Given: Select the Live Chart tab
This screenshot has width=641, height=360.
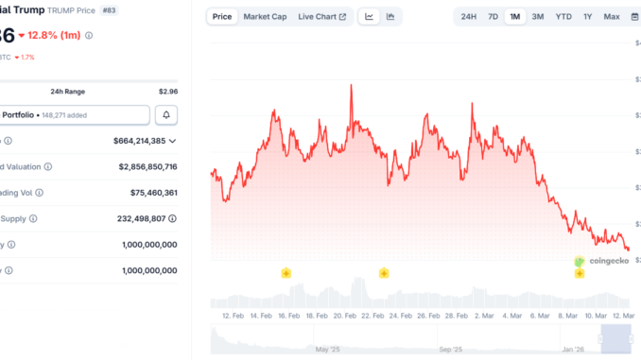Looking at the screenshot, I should pos(321,16).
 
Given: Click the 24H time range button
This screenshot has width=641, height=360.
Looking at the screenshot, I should pos(469,16).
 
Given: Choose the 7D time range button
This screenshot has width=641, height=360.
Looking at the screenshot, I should pos(493,16).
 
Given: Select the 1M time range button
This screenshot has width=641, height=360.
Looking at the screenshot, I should pos(515,16).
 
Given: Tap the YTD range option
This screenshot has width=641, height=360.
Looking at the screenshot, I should pos(563,16).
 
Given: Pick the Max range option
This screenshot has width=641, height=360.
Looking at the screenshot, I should pos(612,16).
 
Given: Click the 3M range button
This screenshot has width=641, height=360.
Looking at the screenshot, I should pos(538,16).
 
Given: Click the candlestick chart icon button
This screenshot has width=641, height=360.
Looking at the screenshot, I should pos(390,16).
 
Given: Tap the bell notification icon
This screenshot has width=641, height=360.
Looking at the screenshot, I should pos(167,114).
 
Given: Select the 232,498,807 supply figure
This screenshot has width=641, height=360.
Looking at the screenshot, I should pos(152,218).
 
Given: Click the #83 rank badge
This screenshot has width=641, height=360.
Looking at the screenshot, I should pos(135,10).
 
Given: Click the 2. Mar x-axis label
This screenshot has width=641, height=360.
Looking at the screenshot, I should pos(484,316).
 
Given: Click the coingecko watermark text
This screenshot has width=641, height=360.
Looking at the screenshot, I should pos(609,260).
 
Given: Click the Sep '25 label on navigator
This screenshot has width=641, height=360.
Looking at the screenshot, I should pos(451,350).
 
